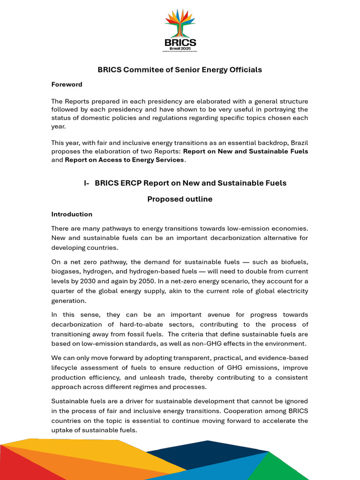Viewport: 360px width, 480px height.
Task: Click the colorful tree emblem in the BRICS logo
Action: tap(180, 22)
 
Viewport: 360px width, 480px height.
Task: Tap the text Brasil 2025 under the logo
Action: tap(180, 48)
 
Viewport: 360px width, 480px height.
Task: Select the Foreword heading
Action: tap(67, 84)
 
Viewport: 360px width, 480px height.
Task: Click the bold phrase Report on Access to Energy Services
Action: tap(124, 160)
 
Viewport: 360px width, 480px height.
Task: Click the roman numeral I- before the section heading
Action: tap(87, 183)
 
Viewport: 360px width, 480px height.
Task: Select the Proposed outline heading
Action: tap(180, 199)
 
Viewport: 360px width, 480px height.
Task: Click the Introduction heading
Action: tap(72, 214)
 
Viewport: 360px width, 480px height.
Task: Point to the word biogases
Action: tap(66, 271)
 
